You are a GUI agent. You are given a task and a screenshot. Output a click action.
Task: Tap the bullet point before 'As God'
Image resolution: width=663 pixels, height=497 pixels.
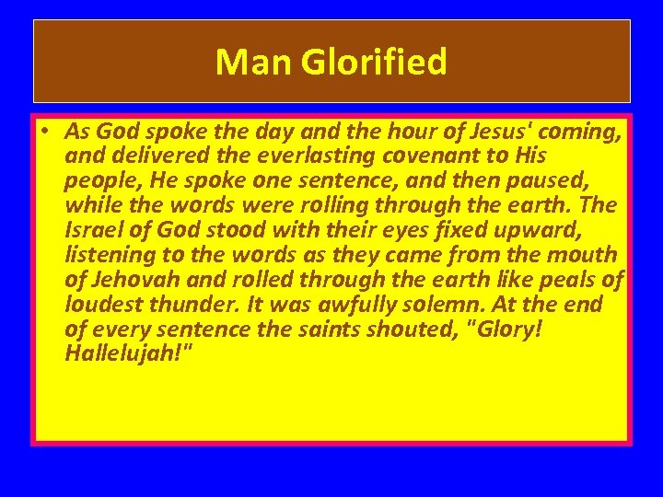(x=44, y=132)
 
